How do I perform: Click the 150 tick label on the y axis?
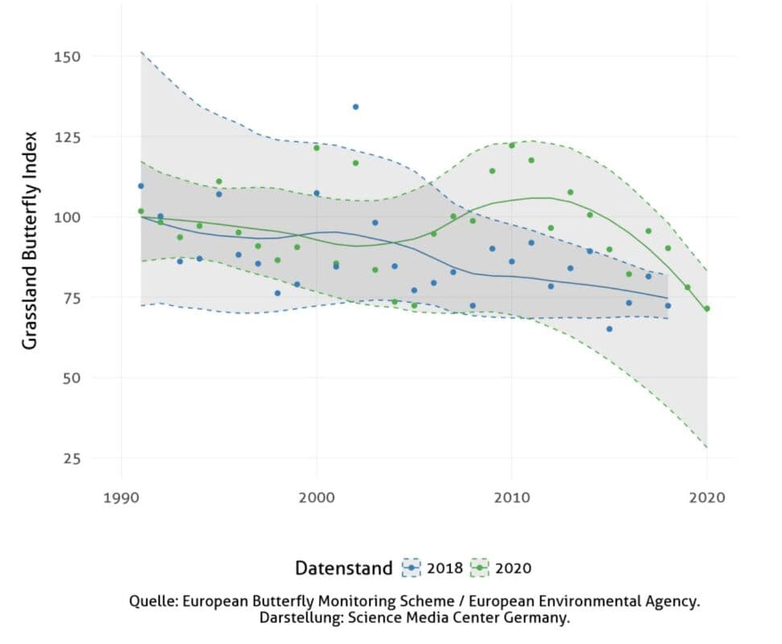(x=68, y=56)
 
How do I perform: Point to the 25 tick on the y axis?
(x=72, y=459)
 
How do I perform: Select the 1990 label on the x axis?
(x=121, y=497)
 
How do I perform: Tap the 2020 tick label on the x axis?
(x=708, y=497)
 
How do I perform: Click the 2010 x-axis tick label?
(x=511, y=497)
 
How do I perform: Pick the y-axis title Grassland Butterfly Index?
(x=30, y=240)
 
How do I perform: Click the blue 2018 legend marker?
(x=412, y=568)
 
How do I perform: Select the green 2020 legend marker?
(x=480, y=568)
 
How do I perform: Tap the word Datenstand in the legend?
(x=344, y=568)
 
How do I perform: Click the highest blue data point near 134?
(x=355, y=106)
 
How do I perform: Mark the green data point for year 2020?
(x=707, y=308)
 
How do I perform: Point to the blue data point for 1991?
(x=141, y=186)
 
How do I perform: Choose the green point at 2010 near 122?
(x=511, y=145)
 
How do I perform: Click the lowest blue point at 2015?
(x=609, y=328)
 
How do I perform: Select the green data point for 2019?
(x=687, y=287)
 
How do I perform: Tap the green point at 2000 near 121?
(x=317, y=147)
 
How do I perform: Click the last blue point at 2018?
(x=668, y=305)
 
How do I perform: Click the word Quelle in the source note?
(x=151, y=601)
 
